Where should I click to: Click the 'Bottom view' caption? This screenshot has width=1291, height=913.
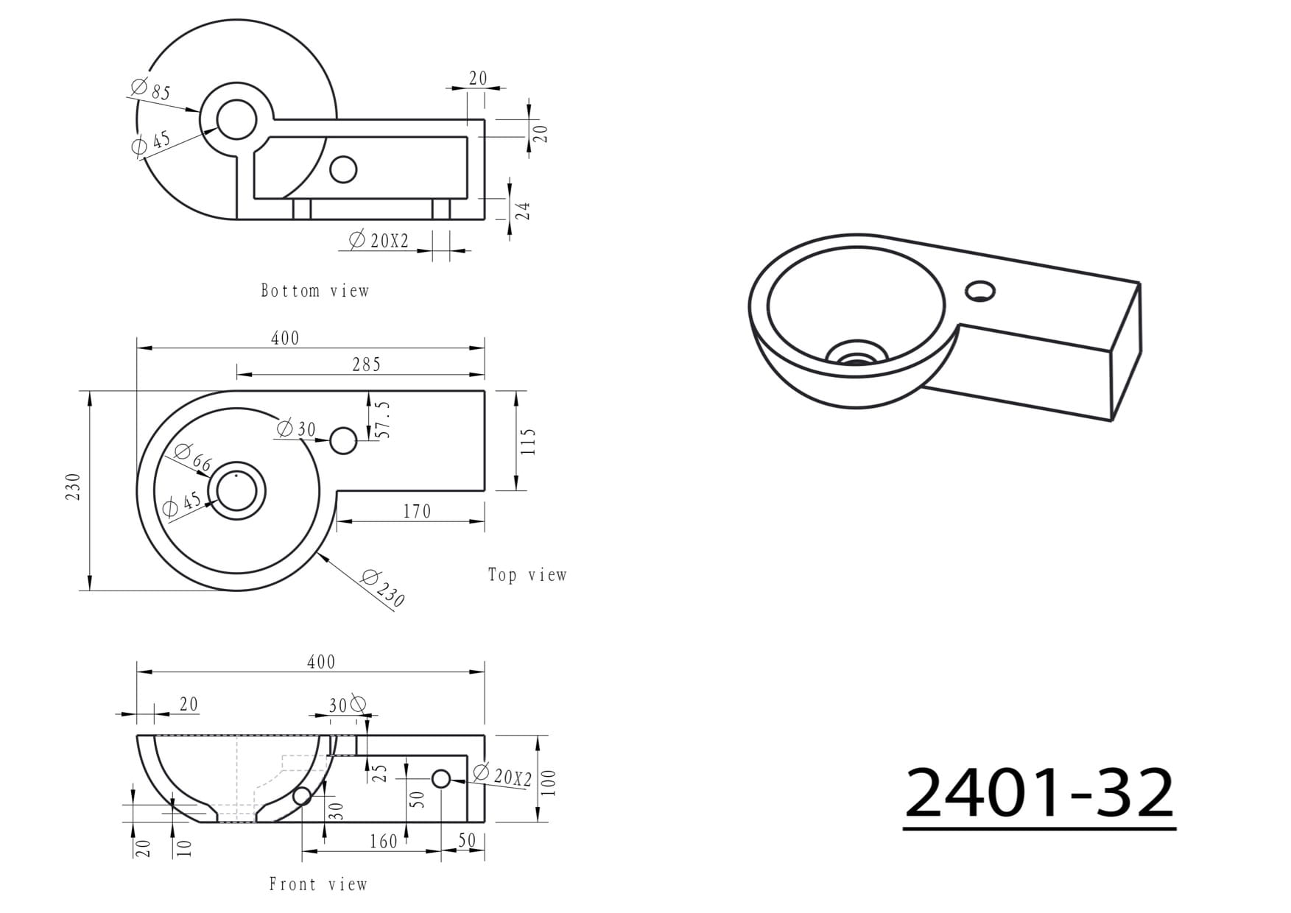(x=314, y=291)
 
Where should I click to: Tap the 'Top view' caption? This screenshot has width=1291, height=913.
(x=527, y=575)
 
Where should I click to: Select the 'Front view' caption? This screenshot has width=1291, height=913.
(x=318, y=884)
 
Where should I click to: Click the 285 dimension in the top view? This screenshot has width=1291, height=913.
(x=366, y=364)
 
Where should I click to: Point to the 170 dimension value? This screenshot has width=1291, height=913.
(x=417, y=511)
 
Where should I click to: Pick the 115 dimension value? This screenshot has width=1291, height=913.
(x=528, y=442)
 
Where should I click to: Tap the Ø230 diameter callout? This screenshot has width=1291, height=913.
(x=384, y=588)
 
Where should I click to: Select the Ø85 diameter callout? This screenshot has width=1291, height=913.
(x=151, y=89)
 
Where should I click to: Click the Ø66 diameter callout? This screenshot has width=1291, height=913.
(x=194, y=458)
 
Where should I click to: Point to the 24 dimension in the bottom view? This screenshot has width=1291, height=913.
(x=522, y=211)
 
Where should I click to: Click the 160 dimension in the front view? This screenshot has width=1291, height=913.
(x=384, y=841)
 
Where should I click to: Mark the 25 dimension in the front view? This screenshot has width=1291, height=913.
(x=379, y=773)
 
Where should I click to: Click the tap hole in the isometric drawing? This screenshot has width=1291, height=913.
(x=979, y=290)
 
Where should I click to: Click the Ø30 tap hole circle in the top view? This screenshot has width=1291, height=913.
(x=343, y=441)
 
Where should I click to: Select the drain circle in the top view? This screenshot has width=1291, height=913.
(x=236, y=491)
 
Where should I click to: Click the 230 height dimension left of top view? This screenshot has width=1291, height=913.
(x=74, y=487)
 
